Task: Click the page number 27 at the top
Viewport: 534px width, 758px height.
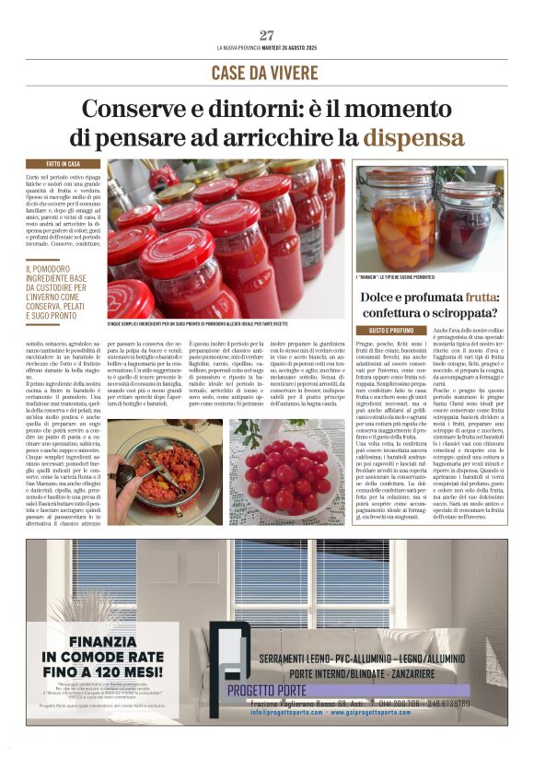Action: pos(267,36)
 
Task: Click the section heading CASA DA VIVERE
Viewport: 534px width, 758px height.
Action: pos(266,73)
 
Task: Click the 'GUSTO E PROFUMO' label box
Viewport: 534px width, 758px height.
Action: pos(391,330)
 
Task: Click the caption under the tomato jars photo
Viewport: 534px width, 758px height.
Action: pos(224,324)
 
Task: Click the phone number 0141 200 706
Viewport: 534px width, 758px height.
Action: pos(423,705)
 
